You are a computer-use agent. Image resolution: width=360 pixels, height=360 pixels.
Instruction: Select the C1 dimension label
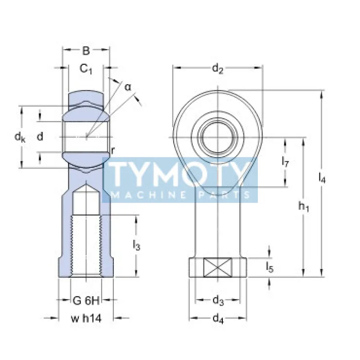tap(86, 69)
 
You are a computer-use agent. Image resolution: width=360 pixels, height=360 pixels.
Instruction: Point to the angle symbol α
tap(128, 87)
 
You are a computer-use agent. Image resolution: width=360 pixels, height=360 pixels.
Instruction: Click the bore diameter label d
tap(40, 136)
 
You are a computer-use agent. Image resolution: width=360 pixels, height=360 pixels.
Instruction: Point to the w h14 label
tap(85, 319)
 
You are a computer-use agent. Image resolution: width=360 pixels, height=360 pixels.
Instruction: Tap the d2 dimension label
tap(218, 69)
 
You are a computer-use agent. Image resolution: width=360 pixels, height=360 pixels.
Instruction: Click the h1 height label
tap(304, 207)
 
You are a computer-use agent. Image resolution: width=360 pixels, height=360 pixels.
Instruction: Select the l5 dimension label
tap(270, 267)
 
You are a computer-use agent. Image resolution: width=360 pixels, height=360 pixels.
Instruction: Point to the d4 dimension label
tap(218, 319)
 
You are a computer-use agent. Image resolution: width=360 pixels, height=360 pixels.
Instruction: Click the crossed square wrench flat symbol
tap(218, 267)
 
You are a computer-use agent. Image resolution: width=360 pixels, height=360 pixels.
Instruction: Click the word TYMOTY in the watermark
tap(180, 174)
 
